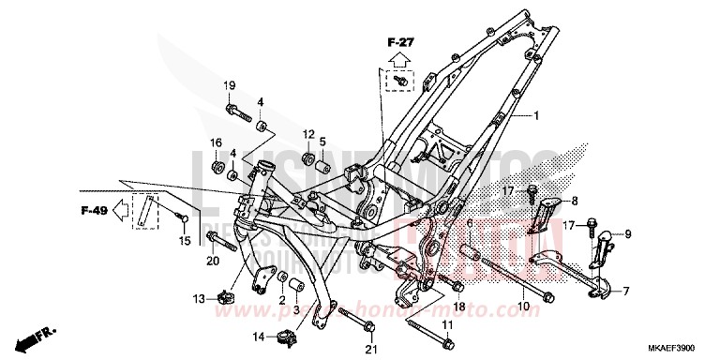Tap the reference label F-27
401,42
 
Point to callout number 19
228,86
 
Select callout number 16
216,143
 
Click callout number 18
459,307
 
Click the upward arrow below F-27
400,61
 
